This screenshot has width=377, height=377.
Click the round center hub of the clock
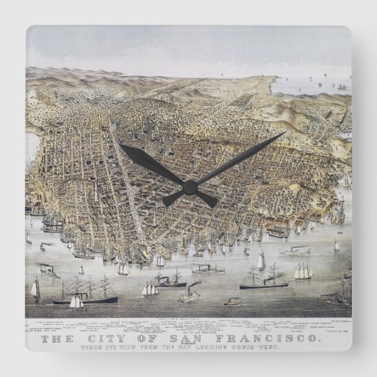pyautogui.click(x=189, y=187)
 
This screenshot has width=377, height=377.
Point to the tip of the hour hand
pyautogui.click(x=120, y=145)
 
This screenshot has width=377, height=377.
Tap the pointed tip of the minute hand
pyautogui.click(x=285, y=132)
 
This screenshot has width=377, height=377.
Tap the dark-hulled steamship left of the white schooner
pyautogui.click(x=262, y=279)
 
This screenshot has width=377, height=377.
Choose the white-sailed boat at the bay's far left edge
pyautogui.click(x=34, y=288)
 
